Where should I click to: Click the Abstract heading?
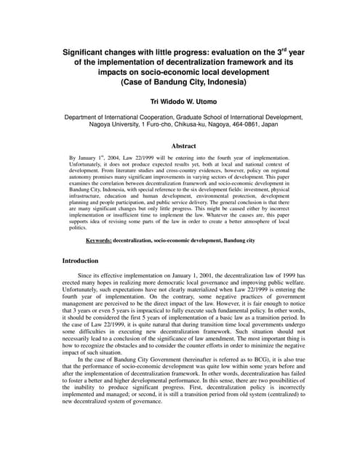coord(180,145)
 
